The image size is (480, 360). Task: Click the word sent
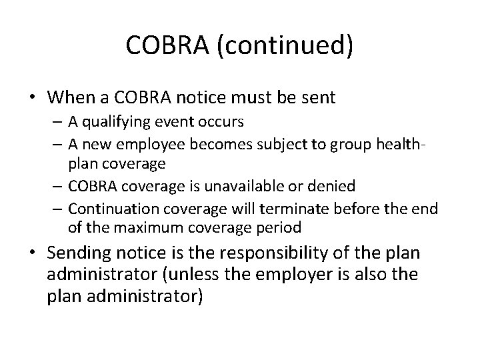316,97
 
